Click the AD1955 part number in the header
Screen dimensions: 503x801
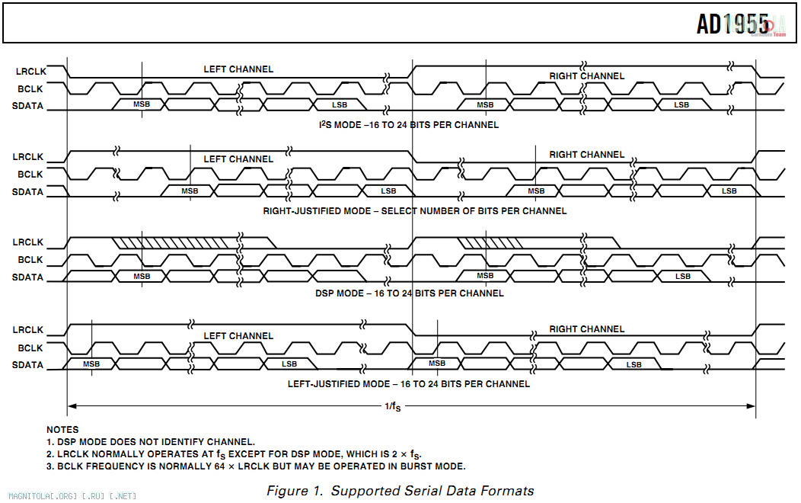(732, 24)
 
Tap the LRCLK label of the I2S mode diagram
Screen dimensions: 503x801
(30, 71)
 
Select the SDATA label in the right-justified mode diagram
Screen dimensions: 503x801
(28, 192)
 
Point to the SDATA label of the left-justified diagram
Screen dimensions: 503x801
(28, 365)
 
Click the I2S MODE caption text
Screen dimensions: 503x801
(409, 124)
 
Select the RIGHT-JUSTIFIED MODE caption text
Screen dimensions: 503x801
(415, 210)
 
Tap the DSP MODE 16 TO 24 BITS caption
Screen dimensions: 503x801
(410, 293)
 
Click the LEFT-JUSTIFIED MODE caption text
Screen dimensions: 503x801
(409, 383)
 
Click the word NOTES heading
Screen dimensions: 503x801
(62, 430)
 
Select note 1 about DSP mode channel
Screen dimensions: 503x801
(151, 441)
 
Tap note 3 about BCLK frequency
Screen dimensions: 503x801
(256, 466)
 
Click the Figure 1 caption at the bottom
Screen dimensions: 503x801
(400, 491)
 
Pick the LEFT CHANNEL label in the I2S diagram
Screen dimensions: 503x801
(238, 69)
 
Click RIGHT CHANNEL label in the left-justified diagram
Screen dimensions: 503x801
(586, 329)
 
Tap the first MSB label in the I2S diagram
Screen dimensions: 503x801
(142, 104)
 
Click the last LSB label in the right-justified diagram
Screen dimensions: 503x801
(729, 191)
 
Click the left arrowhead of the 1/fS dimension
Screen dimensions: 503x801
(72, 405)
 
